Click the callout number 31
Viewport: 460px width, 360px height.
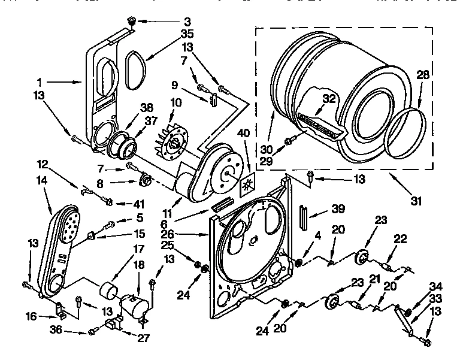(x=414, y=199)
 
